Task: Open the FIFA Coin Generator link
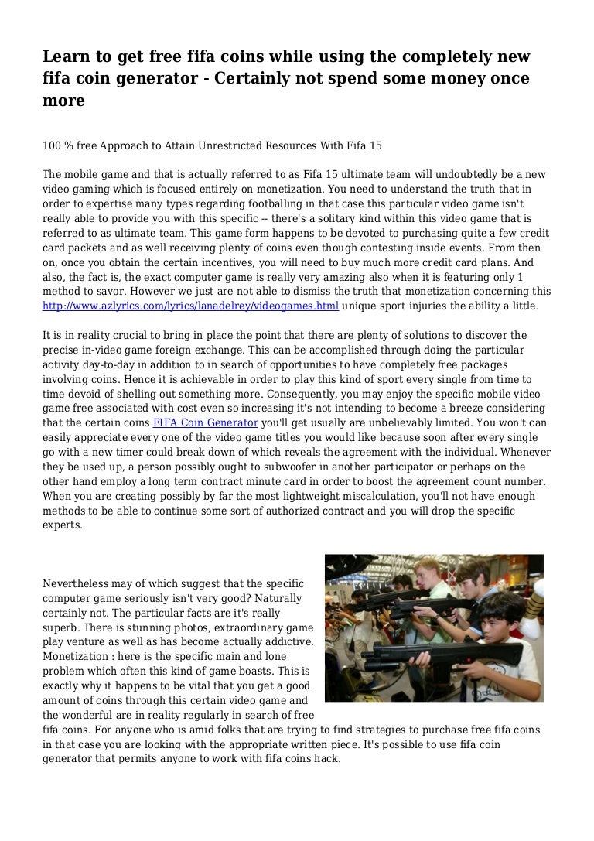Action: click(x=205, y=423)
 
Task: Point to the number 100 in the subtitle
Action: click(x=54, y=145)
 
